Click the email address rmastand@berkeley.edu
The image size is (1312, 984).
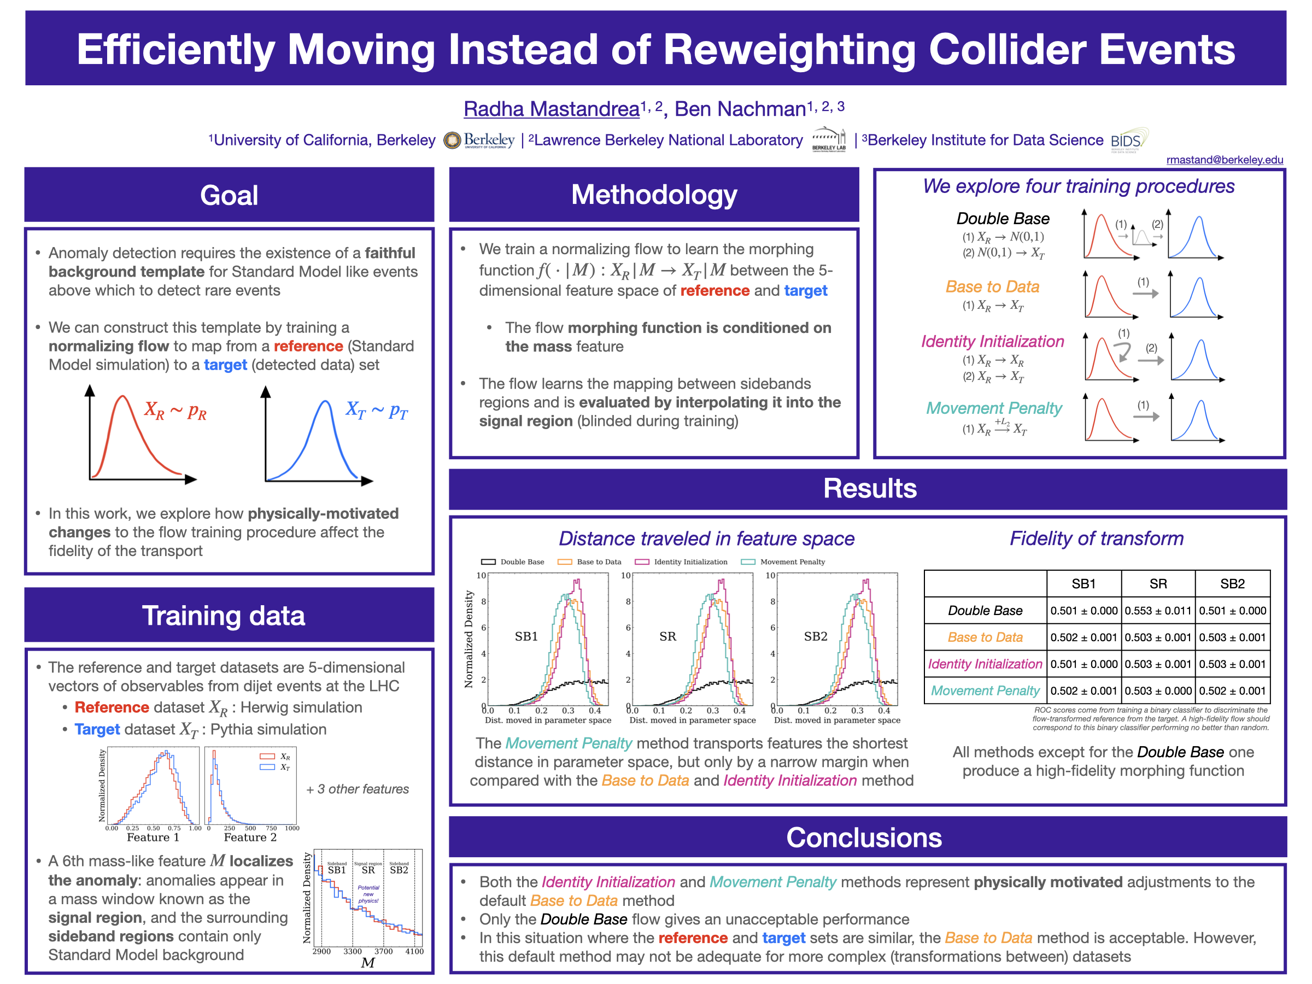[x=1223, y=160]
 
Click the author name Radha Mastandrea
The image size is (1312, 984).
[x=551, y=109]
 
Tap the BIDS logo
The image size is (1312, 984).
[x=1129, y=140]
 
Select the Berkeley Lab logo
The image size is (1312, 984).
[x=829, y=140]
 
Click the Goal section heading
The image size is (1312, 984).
[x=229, y=195]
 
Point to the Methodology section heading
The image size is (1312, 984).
[x=654, y=195]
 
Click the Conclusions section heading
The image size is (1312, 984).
[x=864, y=837]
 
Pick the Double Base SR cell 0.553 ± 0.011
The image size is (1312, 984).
[x=1158, y=610]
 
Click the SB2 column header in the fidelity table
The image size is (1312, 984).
[x=1232, y=584]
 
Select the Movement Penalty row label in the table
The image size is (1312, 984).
[x=985, y=690]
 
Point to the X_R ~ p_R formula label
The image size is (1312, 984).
[x=175, y=411]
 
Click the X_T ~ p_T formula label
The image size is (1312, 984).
[x=377, y=411]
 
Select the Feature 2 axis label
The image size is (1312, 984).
[x=250, y=837]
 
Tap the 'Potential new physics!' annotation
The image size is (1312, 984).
[x=368, y=894]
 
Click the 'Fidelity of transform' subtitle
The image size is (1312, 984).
[x=1096, y=538]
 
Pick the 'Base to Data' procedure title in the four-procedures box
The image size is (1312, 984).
[x=992, y=286]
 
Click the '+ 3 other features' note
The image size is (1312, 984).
[x=358, y=789]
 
